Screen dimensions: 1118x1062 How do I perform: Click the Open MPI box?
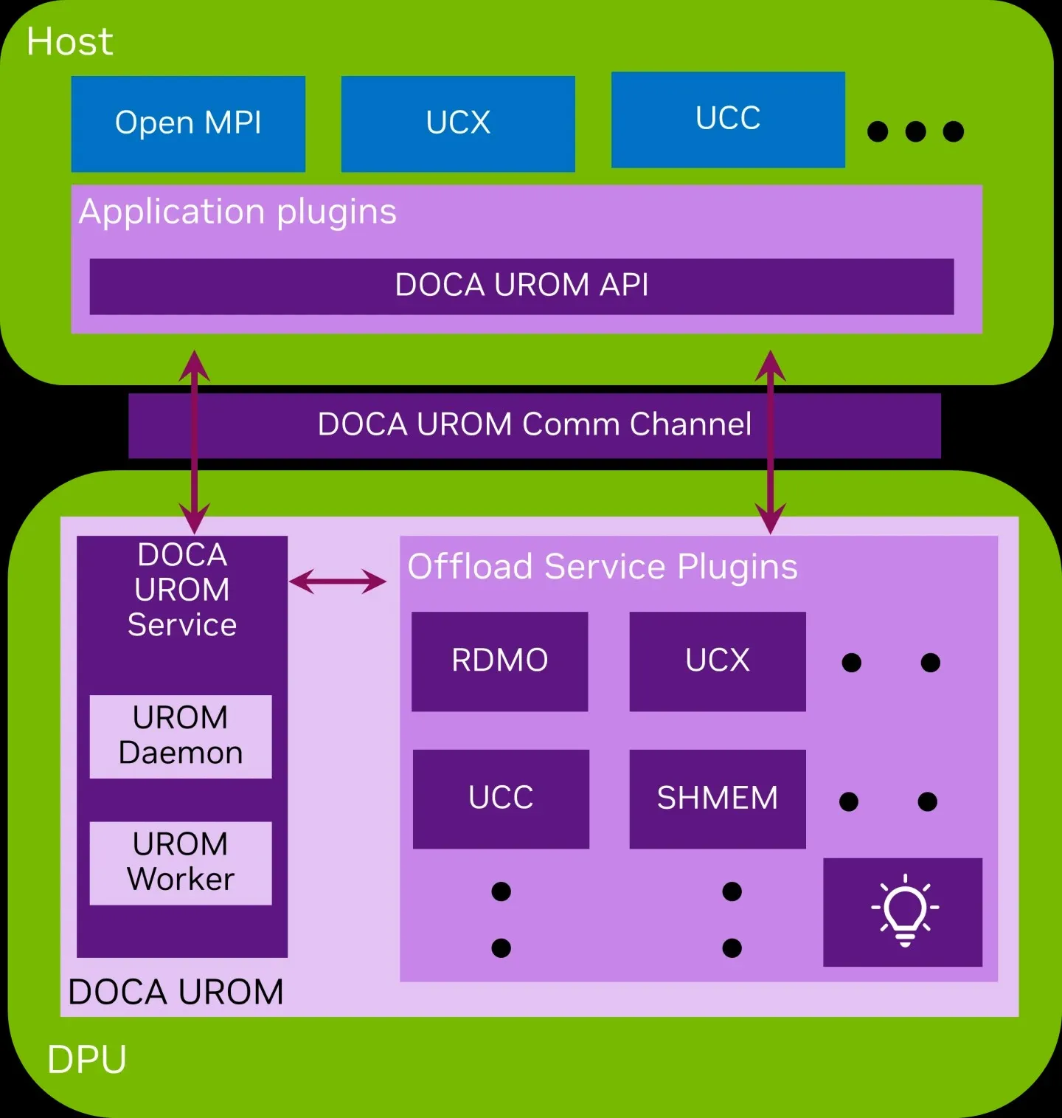pyautogui.click(x=188, y=124)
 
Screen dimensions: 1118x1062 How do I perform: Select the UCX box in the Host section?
pyautogui.click(x=458, y=124)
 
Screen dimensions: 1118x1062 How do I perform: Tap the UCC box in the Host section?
pyautogui.click(x=728, y=120)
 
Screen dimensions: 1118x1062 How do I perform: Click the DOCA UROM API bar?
pyautogui.click(x=521, y=286)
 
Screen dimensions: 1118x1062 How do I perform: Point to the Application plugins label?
pyautogui.click(x=237, y=212)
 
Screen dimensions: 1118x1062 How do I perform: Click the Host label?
pyautogui.click(x=69, y=41)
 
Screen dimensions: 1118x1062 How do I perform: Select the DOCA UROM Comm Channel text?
pyautogui.click(x=534, y=425)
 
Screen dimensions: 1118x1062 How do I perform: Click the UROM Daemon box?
pyautogui.click(x=181, y=736)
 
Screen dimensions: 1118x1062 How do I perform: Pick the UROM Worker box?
pyautogui.click(x=181, y=863)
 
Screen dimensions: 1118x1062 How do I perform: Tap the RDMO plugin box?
pyautogui.click(x=499, y=661)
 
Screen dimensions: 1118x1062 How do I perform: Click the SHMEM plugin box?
pyautogui.click(x=717, y=798)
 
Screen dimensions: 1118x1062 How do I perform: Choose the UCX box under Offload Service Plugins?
pyautogui.click(x=717, y=661)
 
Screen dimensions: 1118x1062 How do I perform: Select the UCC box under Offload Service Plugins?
pyautogui.click(x=501, y=798)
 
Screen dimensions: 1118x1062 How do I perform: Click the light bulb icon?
pyautogui.click(x=904, y=911)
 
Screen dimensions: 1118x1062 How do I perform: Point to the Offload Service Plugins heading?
pyautogui.click(x=603, y=567)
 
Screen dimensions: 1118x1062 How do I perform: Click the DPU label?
pyautogui.click(x=86, y=1060)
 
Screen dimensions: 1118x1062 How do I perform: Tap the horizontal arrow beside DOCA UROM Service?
pyautogui.click(x=337, y=582)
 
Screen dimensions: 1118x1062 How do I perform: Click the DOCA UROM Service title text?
pyautogui.click(x=182, y=590)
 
